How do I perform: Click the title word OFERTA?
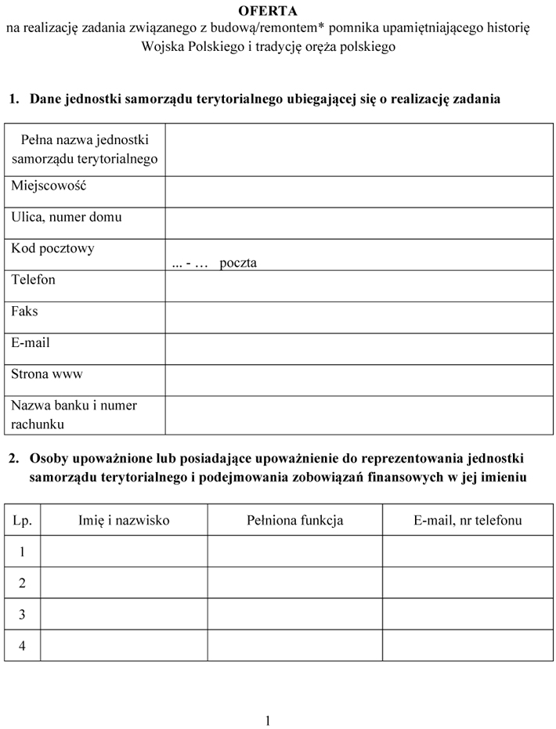(268, 11)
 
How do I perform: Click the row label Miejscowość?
(49, 186)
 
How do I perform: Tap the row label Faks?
(24, 312)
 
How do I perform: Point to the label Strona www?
(47, 374)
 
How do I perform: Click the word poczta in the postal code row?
(238, 263)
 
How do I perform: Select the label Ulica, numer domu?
(67, 218)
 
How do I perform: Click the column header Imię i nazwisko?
(124, 520)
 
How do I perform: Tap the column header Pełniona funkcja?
(294, 520)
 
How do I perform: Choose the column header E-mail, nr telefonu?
(468, 520)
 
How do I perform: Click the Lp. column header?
(22, 520)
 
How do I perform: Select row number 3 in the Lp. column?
(22, 615)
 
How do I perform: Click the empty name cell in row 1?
(124, 551)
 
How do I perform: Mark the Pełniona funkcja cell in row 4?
(294, 645)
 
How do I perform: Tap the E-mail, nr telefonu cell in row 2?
(468, 583)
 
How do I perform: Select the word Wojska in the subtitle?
(161, 46)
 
